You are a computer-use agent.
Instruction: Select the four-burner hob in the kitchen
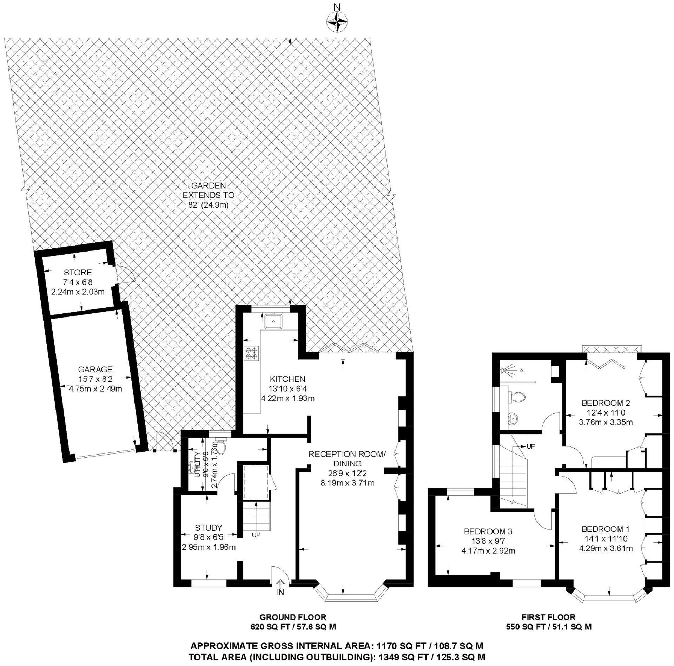click(x=251, y=353)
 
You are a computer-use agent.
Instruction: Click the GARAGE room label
click(x=95, y=369)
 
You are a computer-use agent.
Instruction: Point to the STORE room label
click(x=78, y=272)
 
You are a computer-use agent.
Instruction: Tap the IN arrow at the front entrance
click(x=280, y=584)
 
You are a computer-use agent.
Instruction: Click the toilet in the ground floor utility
click(x=220, y=447)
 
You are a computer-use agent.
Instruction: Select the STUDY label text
click(x=209, y=528)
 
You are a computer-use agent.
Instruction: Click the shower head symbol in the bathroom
click(x=506, y=370)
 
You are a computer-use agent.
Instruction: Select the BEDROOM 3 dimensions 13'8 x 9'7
click(x=488, y=541)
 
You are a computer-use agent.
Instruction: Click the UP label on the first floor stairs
click(x=531, y=446)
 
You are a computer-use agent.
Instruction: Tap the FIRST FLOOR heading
click(x=548, y=617)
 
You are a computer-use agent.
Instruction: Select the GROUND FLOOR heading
click(x=293, y=617)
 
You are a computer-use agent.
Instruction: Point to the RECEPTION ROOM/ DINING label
click(x=347, y=459)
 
